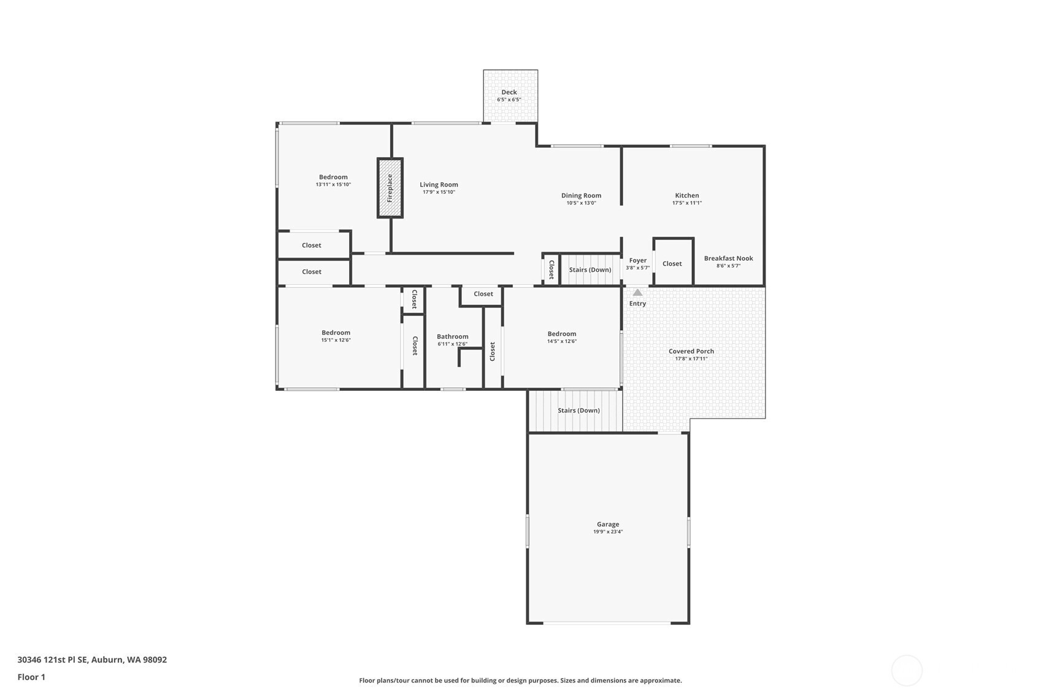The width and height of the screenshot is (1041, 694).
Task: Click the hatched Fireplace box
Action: pyautogui.click(x=390, y=188)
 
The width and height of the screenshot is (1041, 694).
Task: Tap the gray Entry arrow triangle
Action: pyautogui.click(x=637, y=292)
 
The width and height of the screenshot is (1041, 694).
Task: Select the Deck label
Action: pyautogui.click(x=509, y=92)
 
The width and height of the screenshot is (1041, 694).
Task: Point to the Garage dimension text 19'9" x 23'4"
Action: pyautogui.click(x=608, y=532)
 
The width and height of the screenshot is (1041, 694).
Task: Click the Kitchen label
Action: pyautogui.click(x=687, y=195)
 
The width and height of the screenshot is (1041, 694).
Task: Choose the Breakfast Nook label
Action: pyautogui.click(x=728, y=258)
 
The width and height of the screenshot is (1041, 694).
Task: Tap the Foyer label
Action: pyautogui.click(x=637, y=260)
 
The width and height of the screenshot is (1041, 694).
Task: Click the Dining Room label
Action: pyautogui.click(x=581, y=195)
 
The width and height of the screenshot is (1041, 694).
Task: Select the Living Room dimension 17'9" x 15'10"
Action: pyautogui.click(x=439, y=192)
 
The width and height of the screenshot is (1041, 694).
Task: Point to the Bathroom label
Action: pyautogui.click(x=452, y=336)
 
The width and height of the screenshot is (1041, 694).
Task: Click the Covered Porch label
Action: pyautogui.click(x=691, y=351)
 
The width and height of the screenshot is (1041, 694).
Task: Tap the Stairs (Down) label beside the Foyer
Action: pyautogui.click(x=590, y=269)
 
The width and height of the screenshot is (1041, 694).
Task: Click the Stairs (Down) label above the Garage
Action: pyautogui.click(x=578, y=410)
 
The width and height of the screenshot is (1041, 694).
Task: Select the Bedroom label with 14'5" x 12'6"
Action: pyautogui.click(x=561, y=333)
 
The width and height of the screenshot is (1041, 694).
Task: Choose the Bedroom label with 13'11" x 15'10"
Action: pyautogui.click(x=332, y=177)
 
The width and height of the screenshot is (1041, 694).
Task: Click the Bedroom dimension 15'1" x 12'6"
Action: pyautogui.click(x=336, y=340)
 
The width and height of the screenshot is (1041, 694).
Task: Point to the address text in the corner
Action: pyautogui.click(x=92, y=659)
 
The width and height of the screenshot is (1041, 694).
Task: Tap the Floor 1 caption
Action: pyautogui.click(x=32, y=677)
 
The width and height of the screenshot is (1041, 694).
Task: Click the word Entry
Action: pyautogui.click(x=637, y=303)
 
